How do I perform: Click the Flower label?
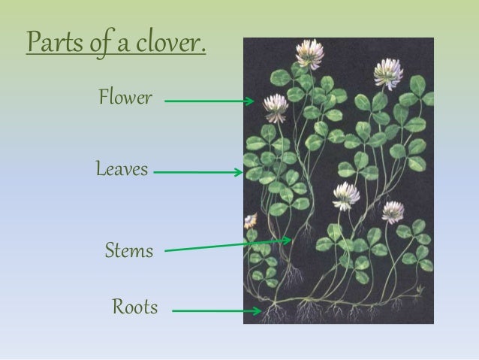click(125, 97)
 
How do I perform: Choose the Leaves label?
click(122, 169)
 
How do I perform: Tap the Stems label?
click(128, 250)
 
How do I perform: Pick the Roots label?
click(134, 307)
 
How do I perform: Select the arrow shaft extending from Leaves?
click(195, 173)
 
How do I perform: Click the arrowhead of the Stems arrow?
click(288, 241)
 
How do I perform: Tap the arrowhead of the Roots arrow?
click(257, 310)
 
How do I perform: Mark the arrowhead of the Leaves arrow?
click(239, 173)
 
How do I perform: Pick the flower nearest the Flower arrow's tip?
click(276, 107)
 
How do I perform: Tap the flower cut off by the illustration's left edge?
click(250, 221)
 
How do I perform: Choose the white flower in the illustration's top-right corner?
click(388, 74)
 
